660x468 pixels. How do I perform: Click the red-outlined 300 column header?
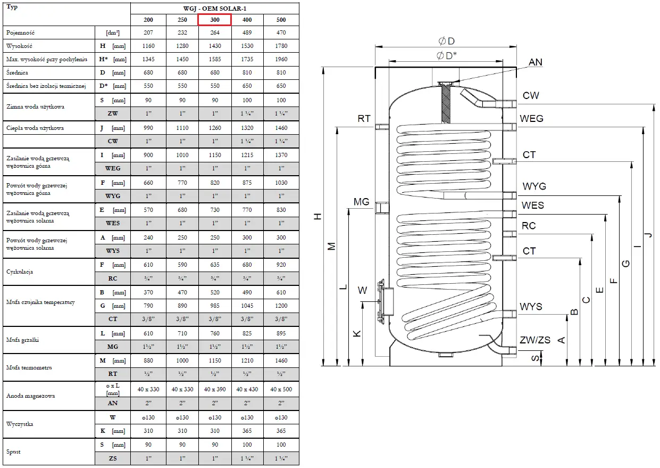coord(214,20)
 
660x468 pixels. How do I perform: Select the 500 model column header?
coord(281,20)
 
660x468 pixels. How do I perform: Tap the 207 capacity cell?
coord(148,33)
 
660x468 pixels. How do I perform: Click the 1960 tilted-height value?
coord(281,59)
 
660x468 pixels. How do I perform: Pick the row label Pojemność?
coord(21,33)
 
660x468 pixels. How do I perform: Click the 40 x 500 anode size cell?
coord(281,389)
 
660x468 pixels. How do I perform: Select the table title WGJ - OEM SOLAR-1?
coord(214,9)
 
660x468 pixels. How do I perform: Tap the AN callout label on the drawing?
coord(535,62)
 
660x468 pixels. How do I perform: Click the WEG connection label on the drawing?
coord(531,118)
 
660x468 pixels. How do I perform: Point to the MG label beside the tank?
coord(361,202)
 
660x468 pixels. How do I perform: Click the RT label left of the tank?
coord(364,119)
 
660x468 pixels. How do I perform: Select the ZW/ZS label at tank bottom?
coord(535,340)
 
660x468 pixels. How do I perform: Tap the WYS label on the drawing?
coord(531,307)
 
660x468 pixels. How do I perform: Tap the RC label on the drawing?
coord(529,226)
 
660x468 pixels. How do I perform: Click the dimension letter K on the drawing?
coord(357,333)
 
